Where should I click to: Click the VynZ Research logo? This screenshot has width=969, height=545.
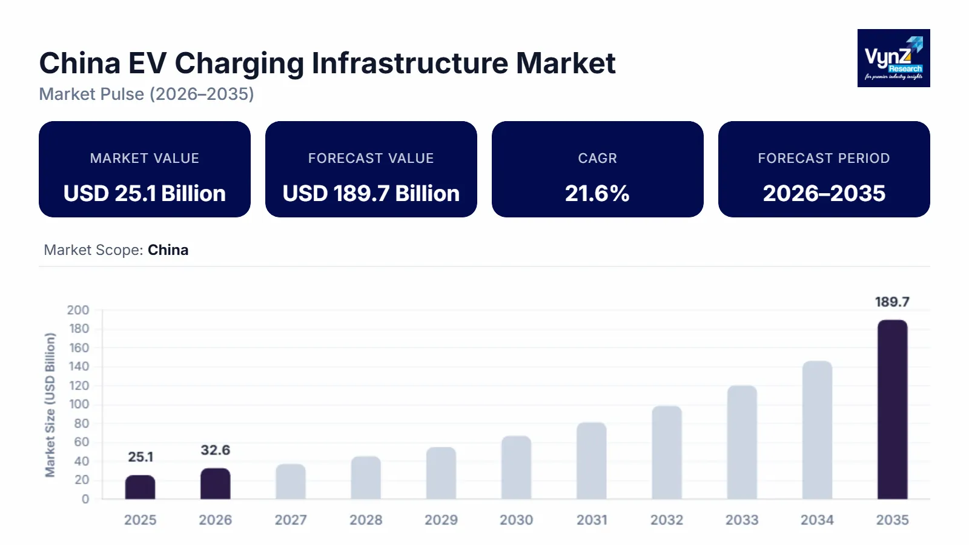(x=893, y=58)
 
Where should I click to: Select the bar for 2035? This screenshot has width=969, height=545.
(x=892, y=409)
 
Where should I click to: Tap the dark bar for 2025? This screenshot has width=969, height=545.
(x=140, y=487)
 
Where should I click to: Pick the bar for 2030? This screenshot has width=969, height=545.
(x=516, y=467)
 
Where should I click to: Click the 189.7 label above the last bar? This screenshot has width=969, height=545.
(x=892, y=302)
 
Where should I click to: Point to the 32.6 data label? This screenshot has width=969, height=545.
(x=215, y=450)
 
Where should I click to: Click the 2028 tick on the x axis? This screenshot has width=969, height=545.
(x=366, y=520)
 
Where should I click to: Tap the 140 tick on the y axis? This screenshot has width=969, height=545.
(x=79, y=366)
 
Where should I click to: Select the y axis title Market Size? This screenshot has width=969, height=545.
(x=50, y=405)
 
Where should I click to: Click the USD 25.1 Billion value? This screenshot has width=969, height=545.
(x=144, y=193)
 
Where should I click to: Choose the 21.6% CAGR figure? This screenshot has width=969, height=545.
(x=597, y=193)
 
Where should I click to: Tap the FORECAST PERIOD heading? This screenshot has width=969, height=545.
(x=824, y=158)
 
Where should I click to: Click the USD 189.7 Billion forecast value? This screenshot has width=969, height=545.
(x=371, y=193)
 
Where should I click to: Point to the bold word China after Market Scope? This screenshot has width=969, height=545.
(x=168, y=250)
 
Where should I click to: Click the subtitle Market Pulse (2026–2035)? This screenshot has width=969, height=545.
(x=147, y=94)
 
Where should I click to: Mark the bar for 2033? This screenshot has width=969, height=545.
(x=742, y=442)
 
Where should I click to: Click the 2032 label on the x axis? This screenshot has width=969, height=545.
(x=667, y=520)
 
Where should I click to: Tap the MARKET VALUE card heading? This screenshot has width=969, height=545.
(x=144, y=158)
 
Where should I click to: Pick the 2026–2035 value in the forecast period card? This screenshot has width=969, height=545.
(x=824, y=193)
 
